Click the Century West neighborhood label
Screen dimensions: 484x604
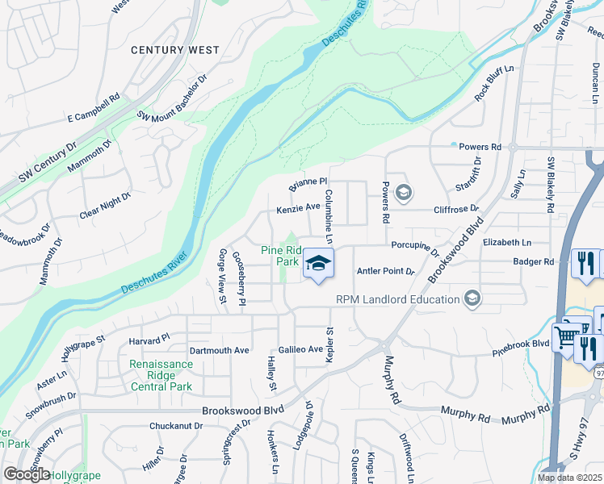click(x=175, y=50)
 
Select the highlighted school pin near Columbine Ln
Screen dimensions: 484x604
click(x=319, y=263)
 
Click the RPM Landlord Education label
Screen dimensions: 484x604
click(x=397, y=300)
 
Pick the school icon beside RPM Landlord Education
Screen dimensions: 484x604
click(x=472, y=300)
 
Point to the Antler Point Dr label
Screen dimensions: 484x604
click(x=384, y=271)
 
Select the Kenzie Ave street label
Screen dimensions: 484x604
click(x=299, y=207)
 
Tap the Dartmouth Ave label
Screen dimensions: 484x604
click(x=219, y=351)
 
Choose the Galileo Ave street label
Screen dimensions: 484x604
click(x=300, y=350)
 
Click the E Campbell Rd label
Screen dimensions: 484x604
click(x=94, y=117)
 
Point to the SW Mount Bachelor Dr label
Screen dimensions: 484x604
click(x=172, y=98)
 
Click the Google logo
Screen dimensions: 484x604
click(x=27, y=474)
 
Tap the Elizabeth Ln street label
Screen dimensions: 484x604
click(x=507, y=242)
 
